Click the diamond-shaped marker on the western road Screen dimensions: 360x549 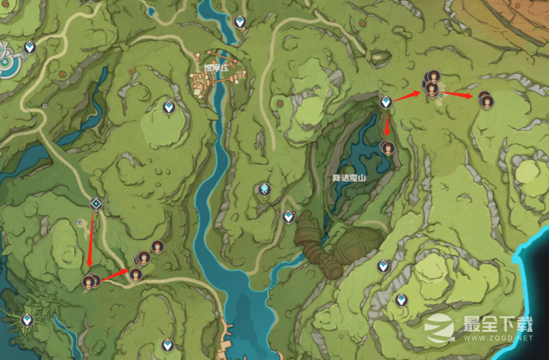click(96, 204)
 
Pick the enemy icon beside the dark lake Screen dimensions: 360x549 click(387, 147)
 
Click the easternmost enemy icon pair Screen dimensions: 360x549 click(485, 100)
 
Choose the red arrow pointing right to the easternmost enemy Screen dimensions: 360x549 click(458, 94)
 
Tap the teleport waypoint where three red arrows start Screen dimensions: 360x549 click(385, 101)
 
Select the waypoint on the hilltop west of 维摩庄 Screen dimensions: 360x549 click(169, 108)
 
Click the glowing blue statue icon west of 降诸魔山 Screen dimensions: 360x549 click(264, 190)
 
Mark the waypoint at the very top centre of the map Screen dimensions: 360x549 click(240, 21)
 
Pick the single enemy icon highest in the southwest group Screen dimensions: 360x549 click(157, 246)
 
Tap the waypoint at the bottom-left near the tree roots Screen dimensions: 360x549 click(27, 319)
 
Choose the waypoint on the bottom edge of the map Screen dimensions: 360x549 click(167, 344)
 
